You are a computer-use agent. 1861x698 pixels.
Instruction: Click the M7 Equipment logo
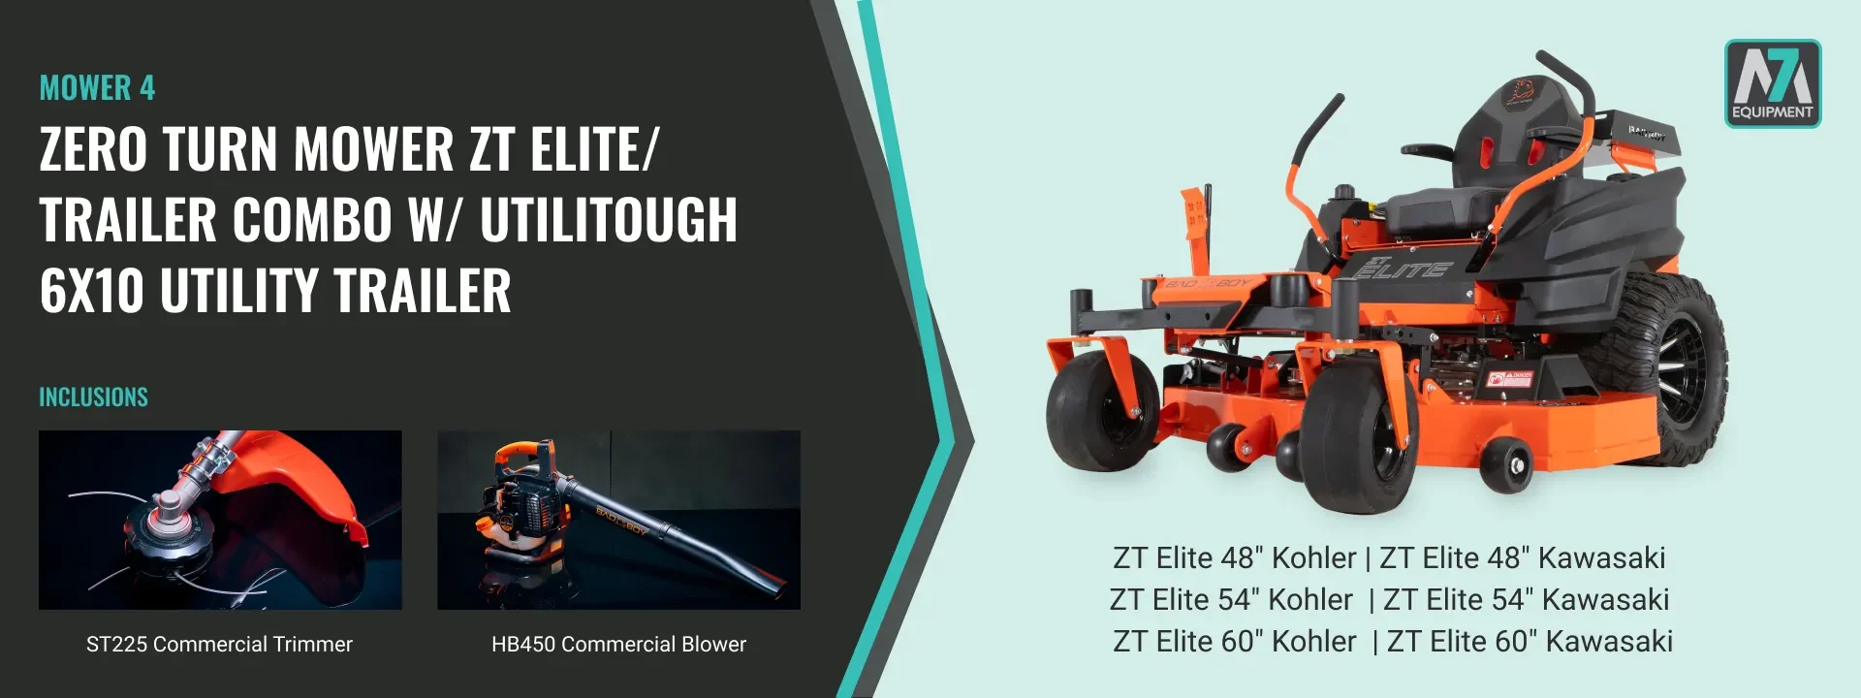point(1773,83)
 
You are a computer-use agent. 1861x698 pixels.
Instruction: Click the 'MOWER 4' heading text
point(97,88)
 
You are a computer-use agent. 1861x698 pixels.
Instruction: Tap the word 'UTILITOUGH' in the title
point(609,219)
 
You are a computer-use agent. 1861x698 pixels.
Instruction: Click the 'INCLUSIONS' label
point(93,397)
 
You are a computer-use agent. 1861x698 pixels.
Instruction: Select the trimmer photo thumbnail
point(220,520)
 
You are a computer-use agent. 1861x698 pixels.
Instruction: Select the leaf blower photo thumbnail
point(618,520)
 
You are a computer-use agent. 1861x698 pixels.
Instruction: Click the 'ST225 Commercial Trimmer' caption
point(219,644)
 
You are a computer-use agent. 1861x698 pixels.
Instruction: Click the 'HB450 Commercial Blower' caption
point(618,644)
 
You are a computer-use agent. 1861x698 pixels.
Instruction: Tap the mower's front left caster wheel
point(1102,410)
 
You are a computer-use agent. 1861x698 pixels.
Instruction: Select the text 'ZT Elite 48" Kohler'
point(1234,558)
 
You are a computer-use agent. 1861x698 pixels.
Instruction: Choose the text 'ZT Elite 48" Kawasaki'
point(1523,558)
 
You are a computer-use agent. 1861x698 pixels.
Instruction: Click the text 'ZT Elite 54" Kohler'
point(1231,600)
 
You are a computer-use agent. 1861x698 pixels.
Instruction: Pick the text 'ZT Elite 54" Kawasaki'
point(1526,600)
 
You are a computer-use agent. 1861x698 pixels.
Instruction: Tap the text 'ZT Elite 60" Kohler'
point(1234,642)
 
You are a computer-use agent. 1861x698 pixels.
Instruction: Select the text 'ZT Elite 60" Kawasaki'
point(1530,642)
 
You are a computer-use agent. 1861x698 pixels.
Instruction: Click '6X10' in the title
point(92,291)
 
